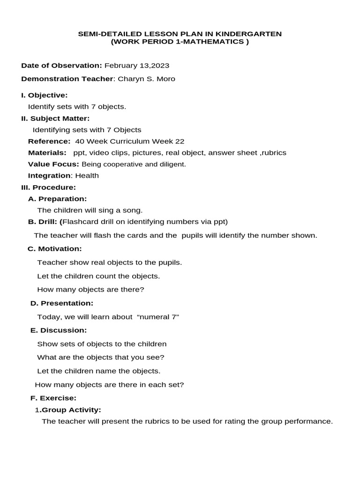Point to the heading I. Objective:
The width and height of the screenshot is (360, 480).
pos(45,95)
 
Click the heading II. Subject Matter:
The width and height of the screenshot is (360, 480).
pos(55,118)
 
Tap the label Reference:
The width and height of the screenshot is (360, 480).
pos(49,141)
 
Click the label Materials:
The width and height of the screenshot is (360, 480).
pos(47,153)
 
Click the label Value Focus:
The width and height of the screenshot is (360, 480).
pos(53,164)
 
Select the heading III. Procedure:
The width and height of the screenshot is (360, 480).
pos(48,187)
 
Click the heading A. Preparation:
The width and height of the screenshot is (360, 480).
pos(58,199)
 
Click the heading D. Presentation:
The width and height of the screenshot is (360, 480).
pos(62,303)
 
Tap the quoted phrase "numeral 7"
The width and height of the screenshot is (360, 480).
pos(158,317)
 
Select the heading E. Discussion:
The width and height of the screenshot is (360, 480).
pos(59,330)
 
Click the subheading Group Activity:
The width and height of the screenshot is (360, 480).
pos(71,410)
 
